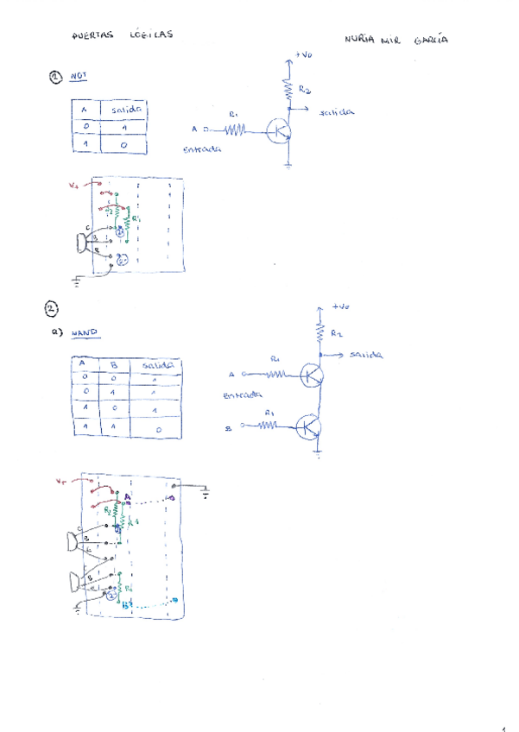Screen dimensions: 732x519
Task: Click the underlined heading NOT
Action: (79, 76)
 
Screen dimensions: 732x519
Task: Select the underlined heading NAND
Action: (85, 331)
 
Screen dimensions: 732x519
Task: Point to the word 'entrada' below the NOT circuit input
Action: (202, 149)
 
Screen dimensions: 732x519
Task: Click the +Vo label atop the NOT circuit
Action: (303, 54)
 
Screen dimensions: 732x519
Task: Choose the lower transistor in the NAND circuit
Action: (309, 427)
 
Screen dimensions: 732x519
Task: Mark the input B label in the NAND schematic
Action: (230, 426)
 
